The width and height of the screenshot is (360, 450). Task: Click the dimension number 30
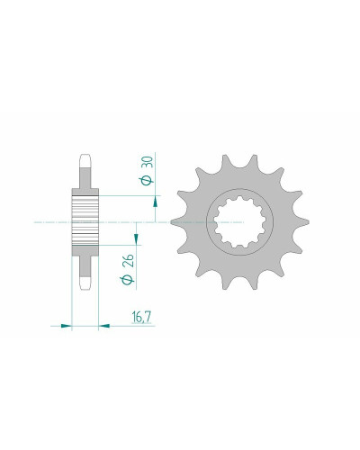[x=149, y=162]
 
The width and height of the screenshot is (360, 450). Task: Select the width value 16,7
[x=141, y=318]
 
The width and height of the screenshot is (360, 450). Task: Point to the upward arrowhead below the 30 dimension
[x=155, y=202]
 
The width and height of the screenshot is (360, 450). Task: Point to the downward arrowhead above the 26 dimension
[x=136, y=238]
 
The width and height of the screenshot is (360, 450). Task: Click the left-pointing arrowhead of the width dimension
[x=104, y=325]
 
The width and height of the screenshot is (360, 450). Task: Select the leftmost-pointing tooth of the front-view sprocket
[x=177, y=222]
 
